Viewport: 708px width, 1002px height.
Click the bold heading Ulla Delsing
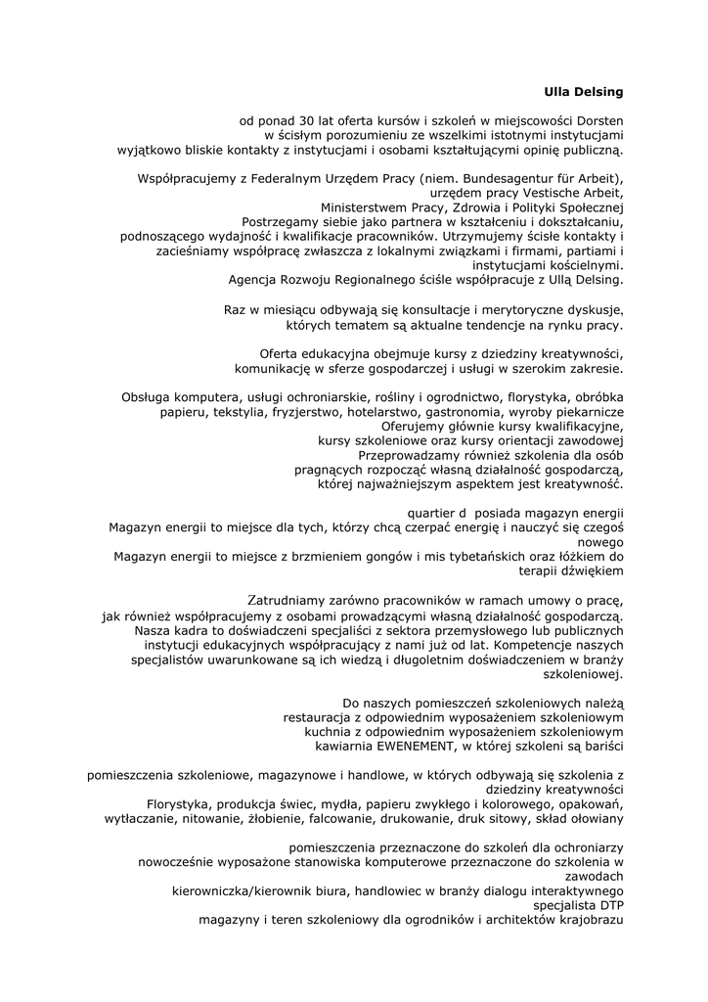(x=583, y=92)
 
